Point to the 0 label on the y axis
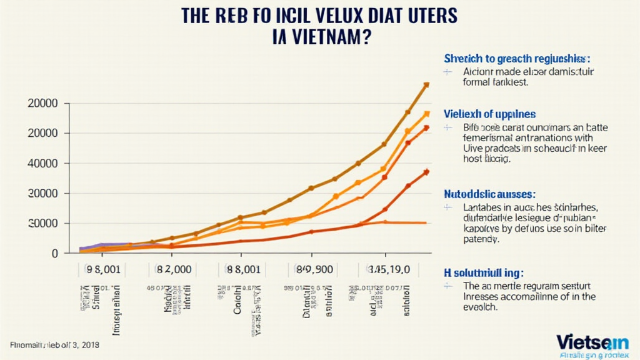point(55,253)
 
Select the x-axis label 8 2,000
point(170,269)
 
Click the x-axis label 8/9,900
point(310,269)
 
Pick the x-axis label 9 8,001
point(101,269)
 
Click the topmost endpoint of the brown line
point(426,84)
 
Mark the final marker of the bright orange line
point(426,114)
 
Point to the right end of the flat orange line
point(426,222)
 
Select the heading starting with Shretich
point(517,59)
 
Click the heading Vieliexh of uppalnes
point(489,114)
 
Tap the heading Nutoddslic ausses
point(489,194)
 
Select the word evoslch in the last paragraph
point(480,307)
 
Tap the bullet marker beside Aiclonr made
point(447,72)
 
